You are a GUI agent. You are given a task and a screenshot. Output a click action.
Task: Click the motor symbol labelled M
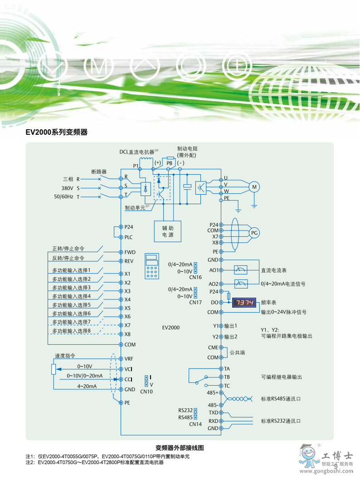click(254, 186)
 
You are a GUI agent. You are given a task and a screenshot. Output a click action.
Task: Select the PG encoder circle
click(254, 233)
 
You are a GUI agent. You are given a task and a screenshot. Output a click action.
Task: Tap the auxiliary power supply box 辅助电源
click(167, 231)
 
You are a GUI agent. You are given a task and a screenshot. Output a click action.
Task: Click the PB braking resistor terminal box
click(169, 162)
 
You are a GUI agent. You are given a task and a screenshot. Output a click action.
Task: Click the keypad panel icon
click(152, 266)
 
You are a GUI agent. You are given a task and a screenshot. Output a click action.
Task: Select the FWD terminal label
click(130, 252)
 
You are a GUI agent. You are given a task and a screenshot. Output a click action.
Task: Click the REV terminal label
click(129, 261)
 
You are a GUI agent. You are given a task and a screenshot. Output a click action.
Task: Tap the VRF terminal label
click(129, 358)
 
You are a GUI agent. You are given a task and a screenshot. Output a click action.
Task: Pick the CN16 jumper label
click(195, 277)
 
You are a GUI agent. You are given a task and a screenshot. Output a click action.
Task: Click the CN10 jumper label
click(146, 391)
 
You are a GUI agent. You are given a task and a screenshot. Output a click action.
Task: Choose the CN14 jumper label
click(195, 424)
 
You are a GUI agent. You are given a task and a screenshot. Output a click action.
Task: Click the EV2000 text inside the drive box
click(171, 327)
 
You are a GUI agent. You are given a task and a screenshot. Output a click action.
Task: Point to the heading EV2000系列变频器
click(56, 132)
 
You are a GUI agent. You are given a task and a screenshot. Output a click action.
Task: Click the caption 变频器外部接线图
click(180, 447)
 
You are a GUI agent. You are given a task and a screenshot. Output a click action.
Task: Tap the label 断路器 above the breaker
click(99, 171)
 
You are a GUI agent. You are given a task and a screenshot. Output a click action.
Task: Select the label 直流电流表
click(274, 270)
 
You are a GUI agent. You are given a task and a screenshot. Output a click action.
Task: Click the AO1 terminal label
click(213, 270)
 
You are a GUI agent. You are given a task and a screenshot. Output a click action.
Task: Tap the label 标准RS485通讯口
click(281, 399)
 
